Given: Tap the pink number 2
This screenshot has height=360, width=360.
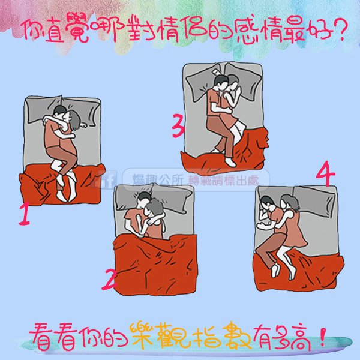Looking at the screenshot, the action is coord(109,279).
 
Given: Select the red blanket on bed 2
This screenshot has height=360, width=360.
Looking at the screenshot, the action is coord(155,265).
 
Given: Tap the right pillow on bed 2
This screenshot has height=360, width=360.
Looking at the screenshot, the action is coord(175,197).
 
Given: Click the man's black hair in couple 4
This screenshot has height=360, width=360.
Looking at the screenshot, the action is coord(267,200).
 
